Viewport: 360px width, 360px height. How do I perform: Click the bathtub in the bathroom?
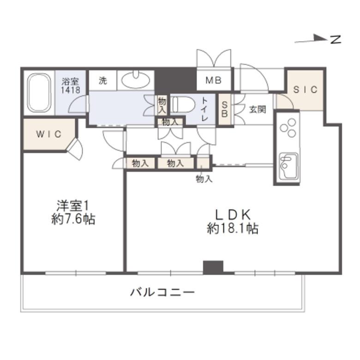tap(39, 93)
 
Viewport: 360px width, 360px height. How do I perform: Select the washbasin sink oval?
tap(135, 80)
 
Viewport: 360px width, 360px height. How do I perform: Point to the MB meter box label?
tap(214, 80)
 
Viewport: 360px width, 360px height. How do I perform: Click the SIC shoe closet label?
tap(305, 90)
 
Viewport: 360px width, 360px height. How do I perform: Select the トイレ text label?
tap(204, 109)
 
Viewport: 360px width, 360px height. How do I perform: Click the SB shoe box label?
tap(224, 109)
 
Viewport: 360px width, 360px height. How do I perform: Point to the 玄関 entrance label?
tap(258, 109)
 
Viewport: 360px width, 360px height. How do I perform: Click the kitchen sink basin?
tap(288, 165)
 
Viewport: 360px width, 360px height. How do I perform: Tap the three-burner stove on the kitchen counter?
tap(288, 128)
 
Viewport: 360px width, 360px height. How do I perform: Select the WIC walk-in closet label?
tap(48, 134)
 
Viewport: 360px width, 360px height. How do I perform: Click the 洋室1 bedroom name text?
tap(72, 206)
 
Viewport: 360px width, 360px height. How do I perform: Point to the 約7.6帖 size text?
tap(73, 220)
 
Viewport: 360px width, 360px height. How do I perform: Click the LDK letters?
tap(233, 215)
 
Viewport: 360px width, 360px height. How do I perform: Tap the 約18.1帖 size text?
tap(233, 228)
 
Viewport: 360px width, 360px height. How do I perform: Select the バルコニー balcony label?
tap(162, 293)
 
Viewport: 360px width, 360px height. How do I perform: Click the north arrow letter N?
tap(336, 40)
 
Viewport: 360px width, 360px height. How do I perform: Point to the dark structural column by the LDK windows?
tap(213, 267)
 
